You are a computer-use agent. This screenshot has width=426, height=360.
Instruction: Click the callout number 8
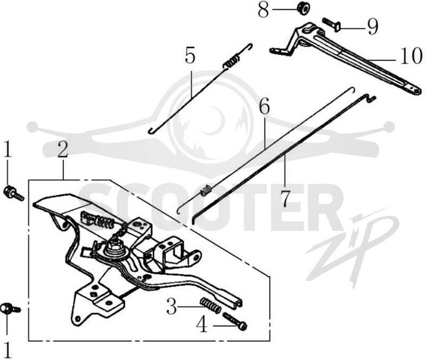click(x=263, y=10)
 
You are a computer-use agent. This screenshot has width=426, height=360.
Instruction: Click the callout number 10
click(x=411, y=56)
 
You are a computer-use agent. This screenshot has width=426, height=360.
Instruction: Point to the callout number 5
click(x=190, y=55)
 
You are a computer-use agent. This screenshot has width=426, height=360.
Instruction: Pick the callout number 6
click(x=264, y=107)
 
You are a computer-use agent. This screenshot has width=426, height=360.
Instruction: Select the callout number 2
click(x=63, y=150)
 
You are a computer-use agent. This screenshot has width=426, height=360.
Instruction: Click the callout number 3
click(x=171, y=307)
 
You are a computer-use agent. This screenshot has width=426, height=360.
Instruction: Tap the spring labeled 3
click(x=210, y=305)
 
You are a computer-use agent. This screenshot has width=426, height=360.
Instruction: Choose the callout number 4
click(x=202, y=325)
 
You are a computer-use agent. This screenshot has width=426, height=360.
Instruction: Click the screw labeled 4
click(x=235, y=321)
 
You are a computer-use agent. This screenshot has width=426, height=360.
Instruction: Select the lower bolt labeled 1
click(x=10, y=309)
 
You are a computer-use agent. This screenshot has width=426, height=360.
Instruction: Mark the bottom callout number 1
click(x=7, y=350)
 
